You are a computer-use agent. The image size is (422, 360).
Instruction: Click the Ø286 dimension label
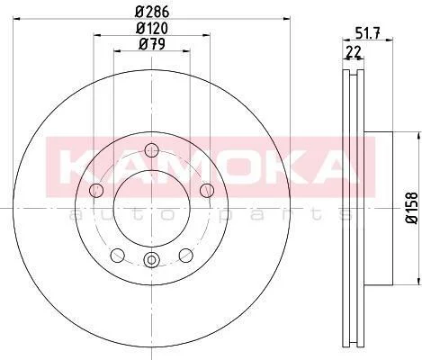pos(152,12)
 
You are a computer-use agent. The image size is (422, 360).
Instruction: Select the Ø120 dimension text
pos(152,28)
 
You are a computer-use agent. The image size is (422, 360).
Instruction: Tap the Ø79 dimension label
pos(152,45)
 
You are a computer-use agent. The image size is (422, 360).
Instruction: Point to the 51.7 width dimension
pos(367,32)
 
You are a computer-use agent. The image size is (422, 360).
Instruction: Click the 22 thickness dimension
pos(354,52)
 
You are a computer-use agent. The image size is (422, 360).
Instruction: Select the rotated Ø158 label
pos(411,208)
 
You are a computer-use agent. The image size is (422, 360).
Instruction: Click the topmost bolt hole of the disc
pos(151,149)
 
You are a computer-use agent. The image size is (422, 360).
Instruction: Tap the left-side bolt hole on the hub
pos(96,190)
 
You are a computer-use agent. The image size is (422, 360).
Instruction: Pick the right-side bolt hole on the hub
pos(207,190)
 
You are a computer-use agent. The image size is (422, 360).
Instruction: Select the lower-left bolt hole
pos(117,256)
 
